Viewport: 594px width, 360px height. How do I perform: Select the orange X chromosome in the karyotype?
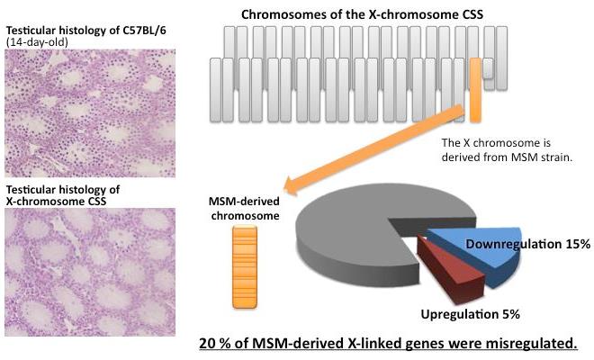click(x=474, y=89)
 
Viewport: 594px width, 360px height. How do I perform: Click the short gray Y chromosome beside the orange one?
click(x=488, y=68)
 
